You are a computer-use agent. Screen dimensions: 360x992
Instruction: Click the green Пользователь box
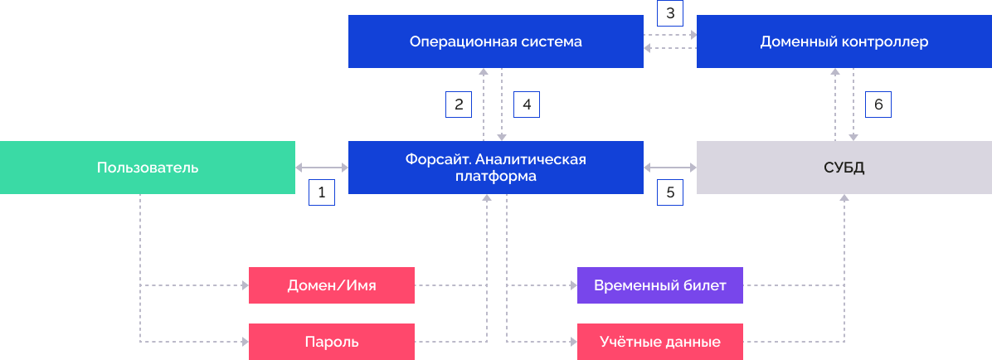(148, 168)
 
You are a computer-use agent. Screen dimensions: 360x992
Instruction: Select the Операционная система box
(496, 41)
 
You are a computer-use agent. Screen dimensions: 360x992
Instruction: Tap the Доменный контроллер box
(844, 41)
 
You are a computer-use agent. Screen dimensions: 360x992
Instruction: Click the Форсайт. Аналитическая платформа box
(496, 168)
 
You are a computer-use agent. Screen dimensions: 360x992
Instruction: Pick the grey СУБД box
(844, 168)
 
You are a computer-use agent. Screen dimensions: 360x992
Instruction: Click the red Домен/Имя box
(332, 285)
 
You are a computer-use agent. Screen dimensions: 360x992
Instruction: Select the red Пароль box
(332, 342)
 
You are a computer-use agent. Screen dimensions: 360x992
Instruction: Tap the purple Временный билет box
(660, 285)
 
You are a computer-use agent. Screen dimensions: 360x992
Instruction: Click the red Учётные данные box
(660, 342)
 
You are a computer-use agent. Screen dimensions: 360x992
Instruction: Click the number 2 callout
(459, 105)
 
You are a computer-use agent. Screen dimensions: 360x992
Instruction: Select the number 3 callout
(669, 14)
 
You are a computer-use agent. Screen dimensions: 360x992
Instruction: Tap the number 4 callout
(527, 105)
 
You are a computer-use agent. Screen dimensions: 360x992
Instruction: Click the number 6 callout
(878, 105)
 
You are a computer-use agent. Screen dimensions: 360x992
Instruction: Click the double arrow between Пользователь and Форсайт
(322, 168)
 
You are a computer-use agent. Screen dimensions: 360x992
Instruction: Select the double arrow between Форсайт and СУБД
(670, 168)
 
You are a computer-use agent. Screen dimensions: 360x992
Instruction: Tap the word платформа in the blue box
(496, 177)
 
